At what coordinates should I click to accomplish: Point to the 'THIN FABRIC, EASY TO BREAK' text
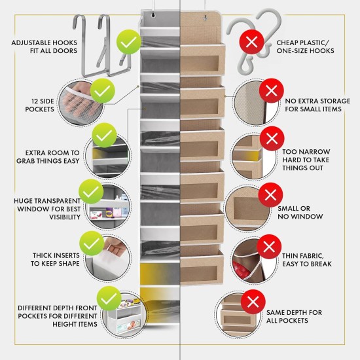pos(307,259)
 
